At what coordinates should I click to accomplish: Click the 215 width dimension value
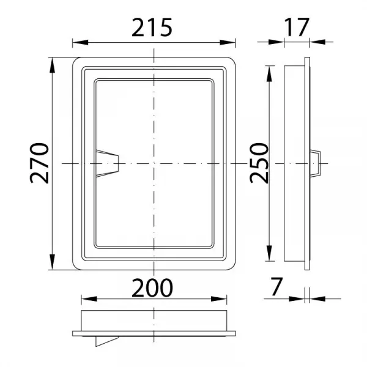click(152, 28)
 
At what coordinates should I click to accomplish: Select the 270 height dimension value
click(40, 163)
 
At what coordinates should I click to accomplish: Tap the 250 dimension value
click(259, 163)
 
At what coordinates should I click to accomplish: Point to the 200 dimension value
click(152, 287)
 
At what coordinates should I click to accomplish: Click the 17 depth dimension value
click(297, 27)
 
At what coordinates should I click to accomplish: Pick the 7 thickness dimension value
click(276, 286)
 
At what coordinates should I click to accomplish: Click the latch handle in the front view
click(107, 163)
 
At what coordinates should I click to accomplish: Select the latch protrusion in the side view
click(315, 163)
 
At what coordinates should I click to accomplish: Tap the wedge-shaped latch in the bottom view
click(106, 341)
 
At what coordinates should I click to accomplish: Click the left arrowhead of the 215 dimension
click(80, 43)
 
